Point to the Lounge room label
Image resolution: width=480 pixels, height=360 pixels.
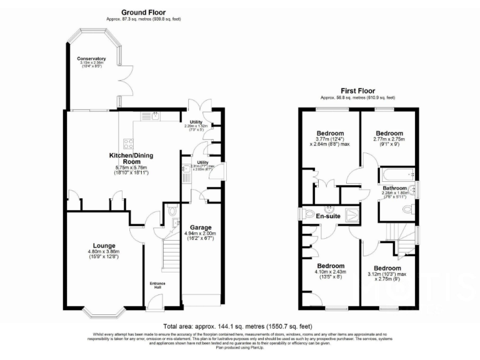click(x=103, y=246)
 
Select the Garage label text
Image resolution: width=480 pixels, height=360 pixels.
click(x=197, y=227)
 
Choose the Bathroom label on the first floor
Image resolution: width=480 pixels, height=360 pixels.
click(x=395, y=188)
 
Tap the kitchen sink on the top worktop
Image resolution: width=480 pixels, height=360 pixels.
click(x=151, y=116)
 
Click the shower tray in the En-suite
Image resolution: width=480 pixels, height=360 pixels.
click(x=352, y=214)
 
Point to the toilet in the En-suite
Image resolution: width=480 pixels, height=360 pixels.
click(x=308, y=214)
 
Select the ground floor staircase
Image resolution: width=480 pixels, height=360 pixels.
click(x=171, y=253)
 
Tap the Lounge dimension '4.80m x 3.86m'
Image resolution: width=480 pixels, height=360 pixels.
click(x=103, y=251)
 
